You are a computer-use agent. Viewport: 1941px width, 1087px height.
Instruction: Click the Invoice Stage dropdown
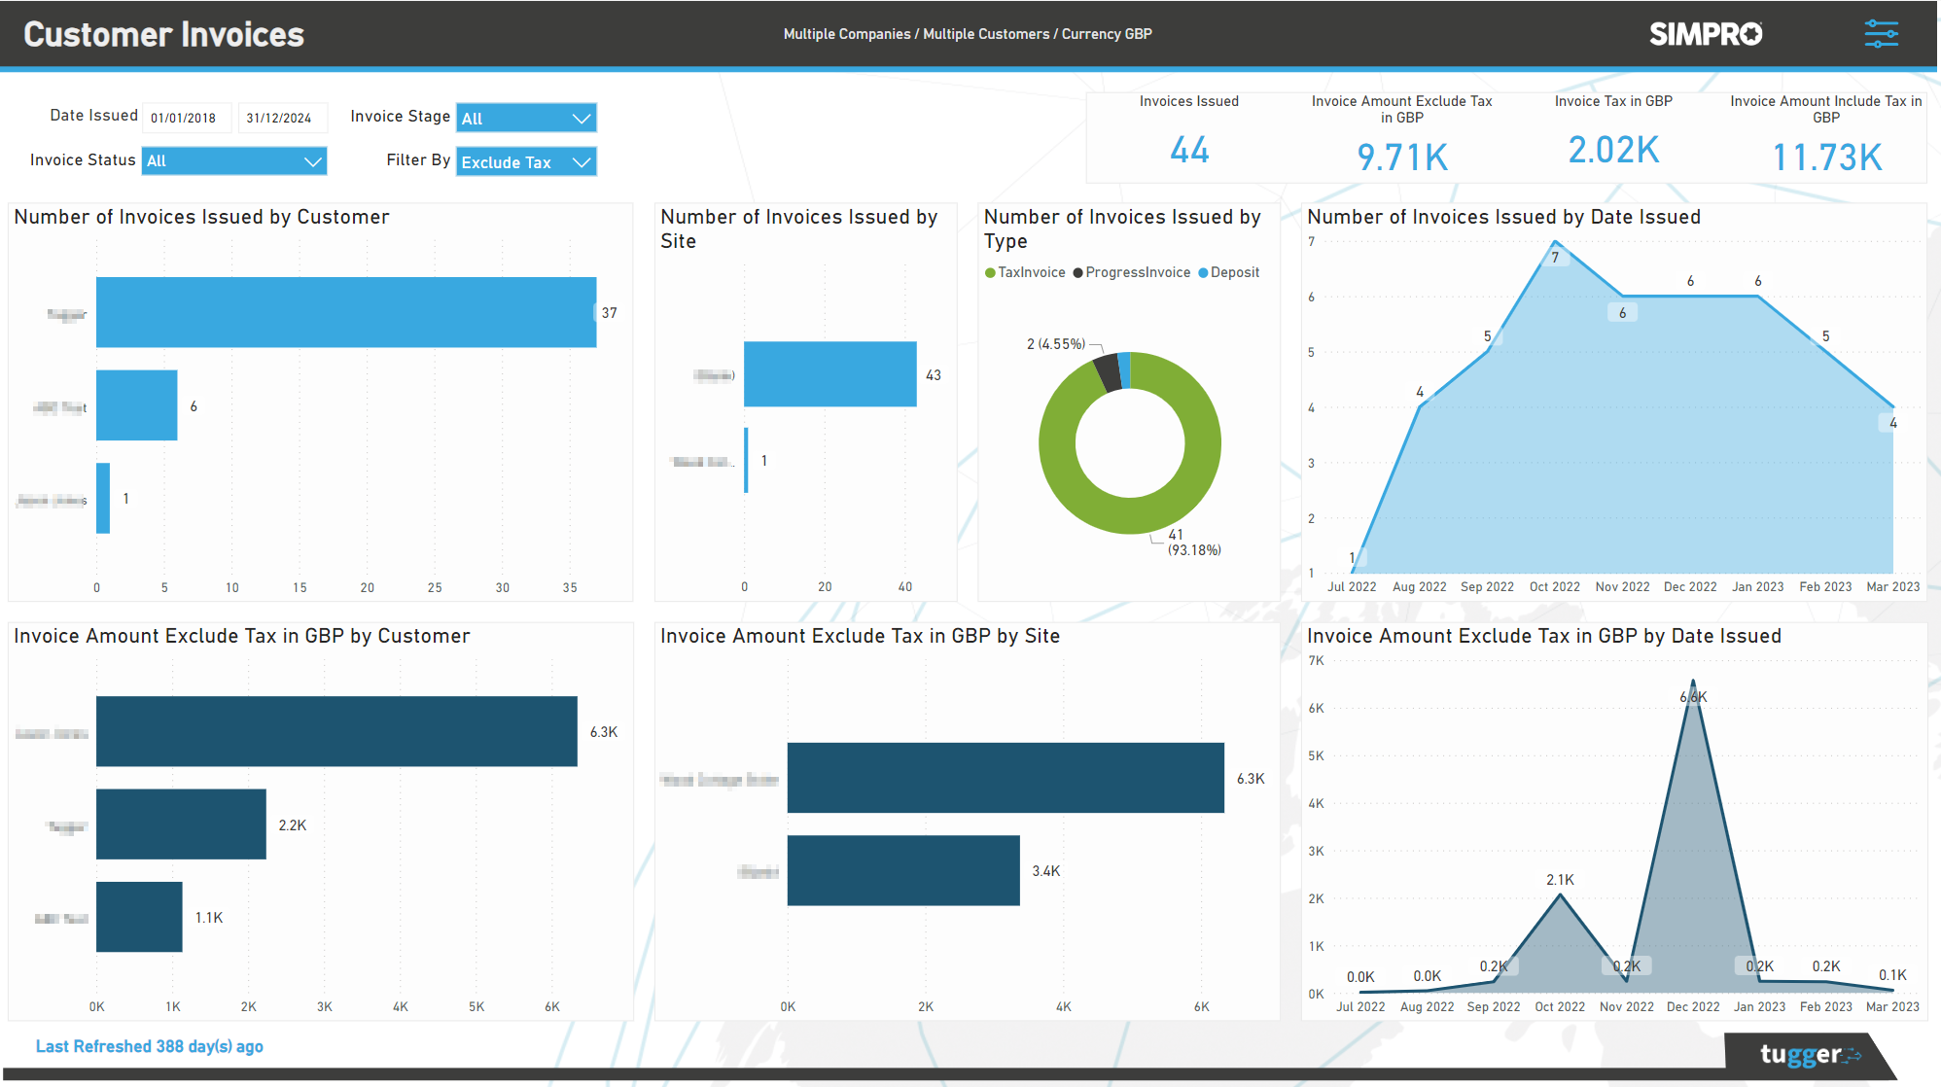526,118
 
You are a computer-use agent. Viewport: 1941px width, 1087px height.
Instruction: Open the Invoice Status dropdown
234,161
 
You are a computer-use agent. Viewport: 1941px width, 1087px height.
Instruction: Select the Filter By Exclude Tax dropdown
526,162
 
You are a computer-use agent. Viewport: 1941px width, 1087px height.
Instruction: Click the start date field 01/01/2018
185,118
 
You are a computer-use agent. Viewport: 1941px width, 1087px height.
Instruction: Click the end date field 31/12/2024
280,118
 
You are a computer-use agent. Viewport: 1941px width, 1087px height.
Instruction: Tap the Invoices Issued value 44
1189,151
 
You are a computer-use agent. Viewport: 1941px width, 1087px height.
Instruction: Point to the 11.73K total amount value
1826,158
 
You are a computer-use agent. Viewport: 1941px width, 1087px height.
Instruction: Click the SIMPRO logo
1706,34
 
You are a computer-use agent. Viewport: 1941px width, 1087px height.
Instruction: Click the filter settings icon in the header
1881,34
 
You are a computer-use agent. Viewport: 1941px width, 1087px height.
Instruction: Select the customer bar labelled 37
345,312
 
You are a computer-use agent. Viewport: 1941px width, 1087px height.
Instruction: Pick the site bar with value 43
829,374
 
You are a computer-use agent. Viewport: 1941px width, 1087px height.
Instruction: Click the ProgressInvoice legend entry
1132,273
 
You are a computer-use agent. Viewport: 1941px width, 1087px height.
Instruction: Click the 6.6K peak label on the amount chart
1693,697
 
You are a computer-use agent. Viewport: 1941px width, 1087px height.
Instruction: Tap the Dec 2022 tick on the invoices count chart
1690,587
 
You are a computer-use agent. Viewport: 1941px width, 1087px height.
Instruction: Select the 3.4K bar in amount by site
903,870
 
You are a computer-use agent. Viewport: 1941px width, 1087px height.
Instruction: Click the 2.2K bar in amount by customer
181,824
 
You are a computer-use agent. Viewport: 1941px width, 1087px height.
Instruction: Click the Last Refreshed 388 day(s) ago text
150,1047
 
